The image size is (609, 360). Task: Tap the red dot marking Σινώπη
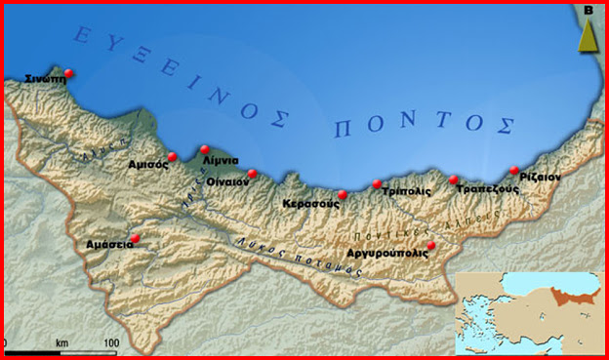pos(67,72)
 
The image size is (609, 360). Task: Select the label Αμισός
pos(148,165)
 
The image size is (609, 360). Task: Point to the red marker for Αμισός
pos(172,156)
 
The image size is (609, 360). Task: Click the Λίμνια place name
pos(220,161)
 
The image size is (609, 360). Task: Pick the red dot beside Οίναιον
pos(252,174)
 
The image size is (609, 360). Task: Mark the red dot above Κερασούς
pos(342,195)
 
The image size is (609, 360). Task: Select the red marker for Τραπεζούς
pos(454,180)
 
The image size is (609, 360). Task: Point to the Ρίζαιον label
pos(541,180)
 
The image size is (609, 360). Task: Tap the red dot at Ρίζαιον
pos(514,171)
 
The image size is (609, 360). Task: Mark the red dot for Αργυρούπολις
pos(431,245)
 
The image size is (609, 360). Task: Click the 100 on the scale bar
pos(110,343)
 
